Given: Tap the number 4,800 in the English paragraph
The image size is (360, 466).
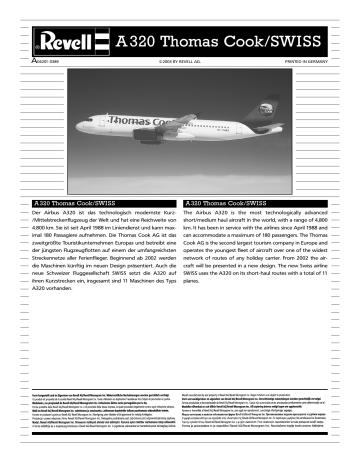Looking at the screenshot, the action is [x=303, y=228].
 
